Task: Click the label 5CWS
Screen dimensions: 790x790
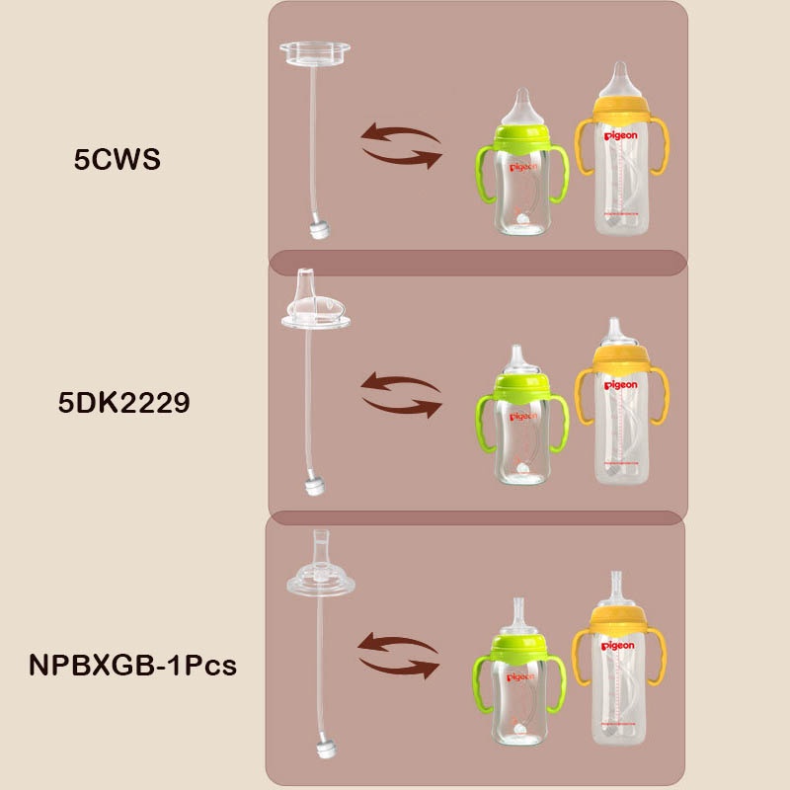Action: [x=117, y=158]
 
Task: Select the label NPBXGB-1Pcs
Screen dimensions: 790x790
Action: [x=132, y=665]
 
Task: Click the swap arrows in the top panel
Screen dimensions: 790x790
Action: [x=400, y=145]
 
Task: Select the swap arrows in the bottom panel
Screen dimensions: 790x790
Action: [x=398, y=656]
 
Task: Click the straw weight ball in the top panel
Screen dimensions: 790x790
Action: [x=317, y=229]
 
